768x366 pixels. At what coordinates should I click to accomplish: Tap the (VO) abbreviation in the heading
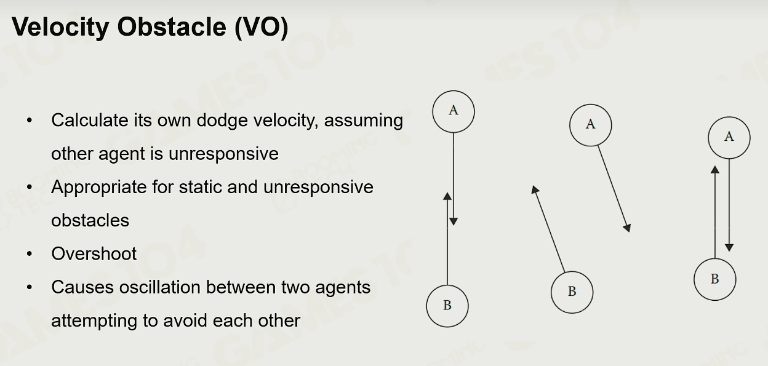(x=262, y=26)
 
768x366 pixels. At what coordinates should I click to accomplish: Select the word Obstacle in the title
(x=172, y=26)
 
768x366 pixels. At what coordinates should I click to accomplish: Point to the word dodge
(x=222, y=121)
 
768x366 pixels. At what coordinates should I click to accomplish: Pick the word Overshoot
(x=94, y=254)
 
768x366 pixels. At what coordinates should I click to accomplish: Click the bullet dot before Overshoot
(x=30, y=254)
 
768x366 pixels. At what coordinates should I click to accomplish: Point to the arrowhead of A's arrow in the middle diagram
(x=627, y=228)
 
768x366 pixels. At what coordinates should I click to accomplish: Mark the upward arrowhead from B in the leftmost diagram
(x=447, y=196)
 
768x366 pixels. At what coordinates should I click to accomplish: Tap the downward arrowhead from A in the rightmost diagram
(x=729, y=248)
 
